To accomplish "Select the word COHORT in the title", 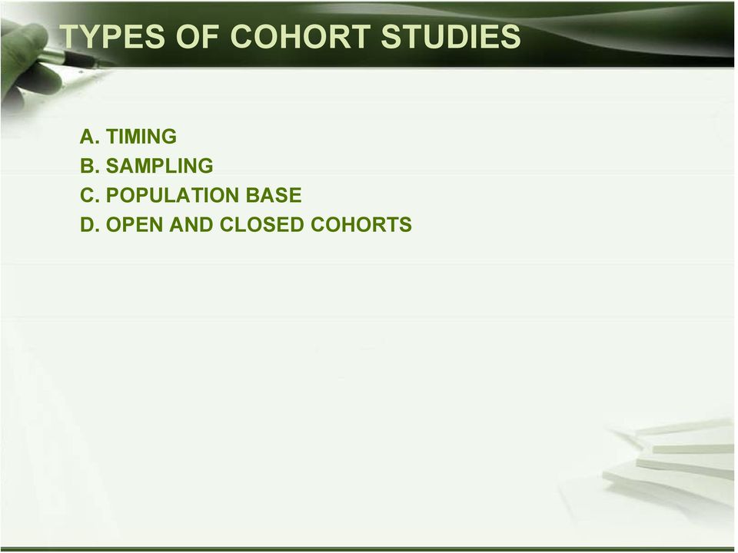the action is pyautogui.click(x=300, y=36).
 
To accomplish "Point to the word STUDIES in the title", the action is pyautogui.click(x=450, y=36).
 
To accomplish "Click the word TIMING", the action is pyautogui.click(x=141, y=137).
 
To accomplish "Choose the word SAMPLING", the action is pyautogui.click(x=160, y=166).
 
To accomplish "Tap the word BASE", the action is pyautogui.click(x=274, y=195).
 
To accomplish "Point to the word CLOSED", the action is pyautogui.click(x=261, y=225).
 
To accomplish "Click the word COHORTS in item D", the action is pyautogui.click(x=361, y=225).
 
